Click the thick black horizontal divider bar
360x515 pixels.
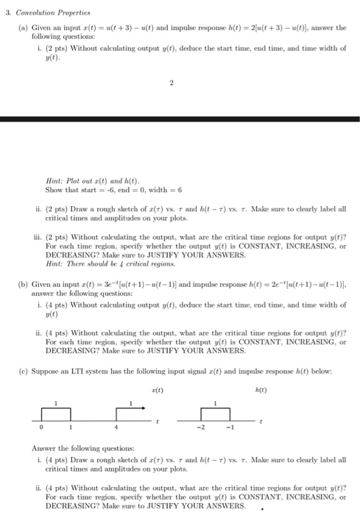point(180,118)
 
